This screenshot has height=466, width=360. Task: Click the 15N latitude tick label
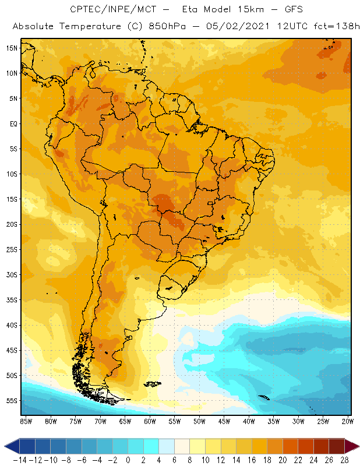12,48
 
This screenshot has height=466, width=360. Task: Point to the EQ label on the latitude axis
13,123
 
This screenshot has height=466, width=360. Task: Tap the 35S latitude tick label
12,299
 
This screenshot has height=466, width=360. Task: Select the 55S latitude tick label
12,400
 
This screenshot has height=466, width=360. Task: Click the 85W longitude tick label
26,421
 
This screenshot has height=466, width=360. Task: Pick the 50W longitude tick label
199,421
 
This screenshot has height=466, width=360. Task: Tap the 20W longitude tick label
348,421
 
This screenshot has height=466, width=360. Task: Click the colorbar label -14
19,459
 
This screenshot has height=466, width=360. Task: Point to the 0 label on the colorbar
128,459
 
